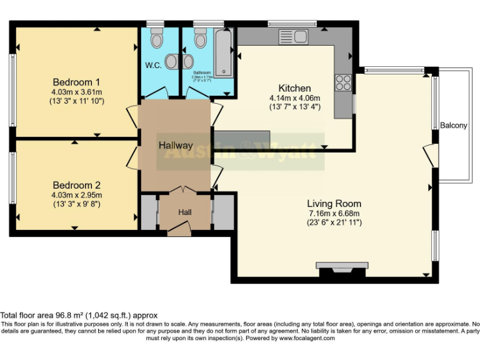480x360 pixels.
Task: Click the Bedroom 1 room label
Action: (76, 82)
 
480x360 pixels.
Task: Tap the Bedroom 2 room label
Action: (76, 185)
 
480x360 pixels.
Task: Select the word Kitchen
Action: (294, 88)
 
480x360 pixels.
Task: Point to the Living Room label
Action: (334, 204)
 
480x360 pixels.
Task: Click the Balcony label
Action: (453, 125)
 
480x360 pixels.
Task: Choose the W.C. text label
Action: (154, 65)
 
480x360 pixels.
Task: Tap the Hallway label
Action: (175, 145)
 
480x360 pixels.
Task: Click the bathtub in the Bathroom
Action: (223, 54)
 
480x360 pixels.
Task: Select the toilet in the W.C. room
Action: (156, 39)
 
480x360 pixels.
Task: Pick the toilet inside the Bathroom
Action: (200, 39)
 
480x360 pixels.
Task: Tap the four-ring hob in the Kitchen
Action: (343, 82)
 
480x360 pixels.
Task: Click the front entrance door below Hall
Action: (180, 231)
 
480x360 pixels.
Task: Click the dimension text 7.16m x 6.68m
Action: (334, 213)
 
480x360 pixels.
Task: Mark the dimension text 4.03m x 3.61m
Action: (76, 92)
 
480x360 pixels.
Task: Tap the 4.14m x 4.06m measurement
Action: (294, 98)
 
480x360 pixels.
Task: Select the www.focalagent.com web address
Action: (306, 338)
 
